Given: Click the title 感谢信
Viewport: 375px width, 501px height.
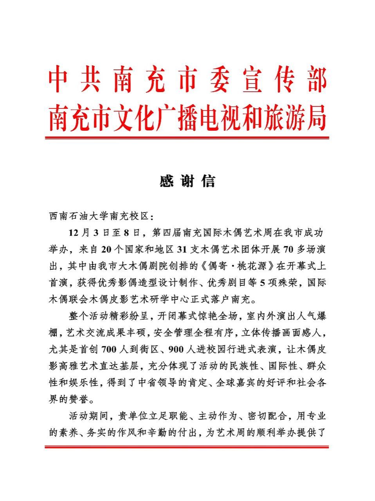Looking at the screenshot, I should [187, 181].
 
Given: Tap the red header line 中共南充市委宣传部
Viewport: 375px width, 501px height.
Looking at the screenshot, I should [187, 81].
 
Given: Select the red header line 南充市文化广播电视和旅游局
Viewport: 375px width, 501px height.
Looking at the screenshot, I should [187, 117].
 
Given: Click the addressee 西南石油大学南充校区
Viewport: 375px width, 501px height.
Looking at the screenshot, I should [99, 216].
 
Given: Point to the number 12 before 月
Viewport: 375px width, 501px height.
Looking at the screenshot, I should [74, 233].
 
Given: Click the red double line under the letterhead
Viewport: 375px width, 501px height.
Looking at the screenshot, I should [187, 138].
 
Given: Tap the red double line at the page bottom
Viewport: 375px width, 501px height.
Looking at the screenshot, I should [187, 447].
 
